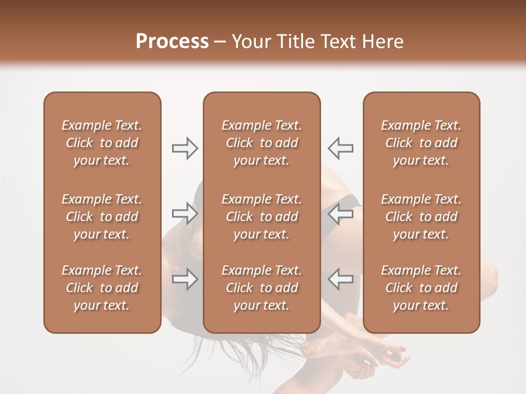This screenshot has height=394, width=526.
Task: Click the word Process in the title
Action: pos(172,42)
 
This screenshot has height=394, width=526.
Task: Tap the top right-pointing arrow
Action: pos(185,148)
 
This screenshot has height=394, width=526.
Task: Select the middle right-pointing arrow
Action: pos(185,213)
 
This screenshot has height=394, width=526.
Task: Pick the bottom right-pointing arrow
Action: pos(185,279)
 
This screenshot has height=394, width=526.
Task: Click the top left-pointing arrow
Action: pos(340,148)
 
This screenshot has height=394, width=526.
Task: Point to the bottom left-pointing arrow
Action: pos(340,279)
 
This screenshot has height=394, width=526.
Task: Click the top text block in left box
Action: pos(102,143)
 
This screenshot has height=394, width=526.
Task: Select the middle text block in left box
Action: pos(102,217)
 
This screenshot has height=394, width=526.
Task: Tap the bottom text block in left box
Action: pos(102,288)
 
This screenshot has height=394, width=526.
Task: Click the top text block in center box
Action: pos(262,143)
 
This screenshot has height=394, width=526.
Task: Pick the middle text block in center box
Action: pos(262,217)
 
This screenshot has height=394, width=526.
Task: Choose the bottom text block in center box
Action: pos(262,288)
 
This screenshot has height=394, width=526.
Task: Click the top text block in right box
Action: pos(421,143)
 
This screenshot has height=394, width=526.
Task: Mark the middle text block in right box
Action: pos(421,217)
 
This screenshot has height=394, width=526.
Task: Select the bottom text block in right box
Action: pos(421,288)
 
